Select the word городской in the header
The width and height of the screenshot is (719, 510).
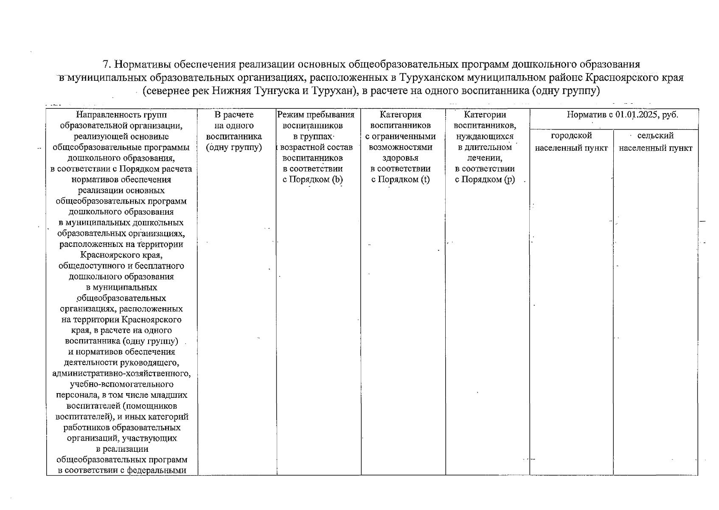pos(571,136)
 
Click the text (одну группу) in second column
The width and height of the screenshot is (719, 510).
pos(233,147)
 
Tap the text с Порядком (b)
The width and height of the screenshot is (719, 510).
pos(312,180)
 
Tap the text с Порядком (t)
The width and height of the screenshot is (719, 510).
pos(400,180)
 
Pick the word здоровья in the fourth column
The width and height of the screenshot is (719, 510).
pos(400,158)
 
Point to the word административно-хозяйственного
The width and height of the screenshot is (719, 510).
pos(121,374)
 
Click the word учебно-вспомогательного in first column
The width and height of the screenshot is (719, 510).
pos(121,385)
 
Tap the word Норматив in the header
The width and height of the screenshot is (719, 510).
pos(584,115)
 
